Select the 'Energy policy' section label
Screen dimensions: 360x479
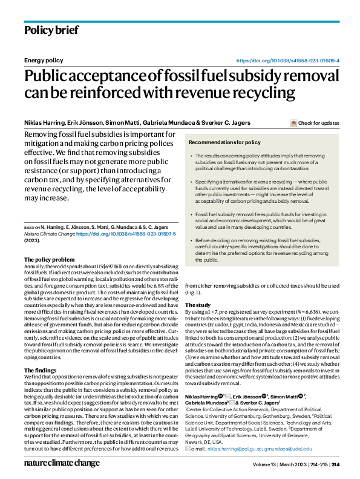(43, 61)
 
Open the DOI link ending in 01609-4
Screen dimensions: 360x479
(287, 61)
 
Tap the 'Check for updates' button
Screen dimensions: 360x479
(315, 123)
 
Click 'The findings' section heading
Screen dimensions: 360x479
(44, 370)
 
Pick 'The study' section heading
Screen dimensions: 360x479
(198, 305)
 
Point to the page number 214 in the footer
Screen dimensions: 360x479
(335, 464)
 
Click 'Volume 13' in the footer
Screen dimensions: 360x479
(264, 464)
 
